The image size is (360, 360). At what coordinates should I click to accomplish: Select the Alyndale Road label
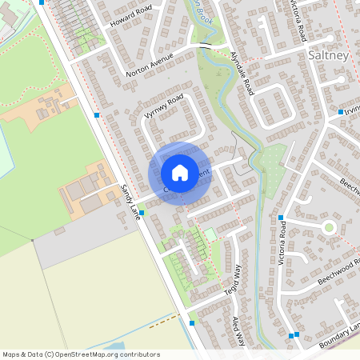(241, 73)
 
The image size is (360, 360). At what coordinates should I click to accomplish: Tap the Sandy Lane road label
(128, 201)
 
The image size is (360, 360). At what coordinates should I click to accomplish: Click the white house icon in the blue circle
(180, 173)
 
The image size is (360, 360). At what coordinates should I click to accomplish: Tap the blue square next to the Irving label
(340, 112)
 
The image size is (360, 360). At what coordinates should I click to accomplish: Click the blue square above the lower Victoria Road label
(281, 218)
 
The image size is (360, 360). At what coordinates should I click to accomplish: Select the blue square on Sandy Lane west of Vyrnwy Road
(97, 115)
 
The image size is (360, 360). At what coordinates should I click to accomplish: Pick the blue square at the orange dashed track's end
(192, 323)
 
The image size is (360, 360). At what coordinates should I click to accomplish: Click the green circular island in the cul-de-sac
(328, 227)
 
